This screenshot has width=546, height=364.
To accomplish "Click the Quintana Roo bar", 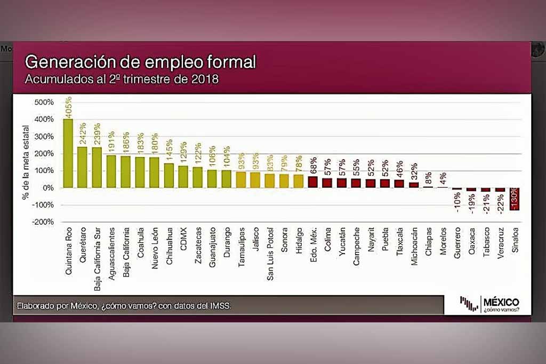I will (x=68, y=153).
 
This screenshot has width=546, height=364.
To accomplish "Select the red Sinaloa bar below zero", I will (x=515, y=199).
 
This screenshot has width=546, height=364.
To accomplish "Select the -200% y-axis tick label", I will (x=43, y=222).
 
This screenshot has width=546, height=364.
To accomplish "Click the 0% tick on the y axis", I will (x=48, y=188).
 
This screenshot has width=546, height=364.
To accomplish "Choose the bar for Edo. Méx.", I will (x=313, y=182).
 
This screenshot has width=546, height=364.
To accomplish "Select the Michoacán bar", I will (x=414, y=185).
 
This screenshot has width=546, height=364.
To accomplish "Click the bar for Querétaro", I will (x=83, y=167).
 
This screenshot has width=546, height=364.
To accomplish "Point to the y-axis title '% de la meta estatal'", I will (x=25, y=160).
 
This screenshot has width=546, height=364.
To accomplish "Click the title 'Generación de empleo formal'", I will (x=141, y=62).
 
